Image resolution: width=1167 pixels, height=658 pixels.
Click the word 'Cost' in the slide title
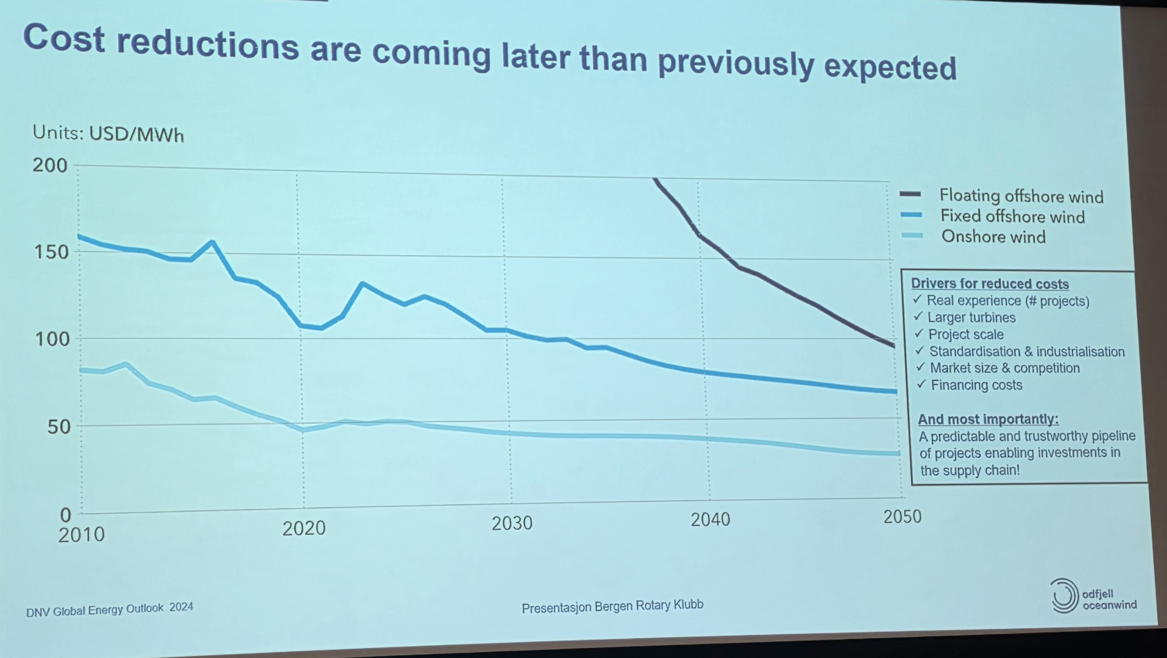[64, 38]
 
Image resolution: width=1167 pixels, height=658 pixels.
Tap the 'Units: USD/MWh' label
[108, 133]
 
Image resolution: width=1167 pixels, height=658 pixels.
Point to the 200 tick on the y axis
[50, 165]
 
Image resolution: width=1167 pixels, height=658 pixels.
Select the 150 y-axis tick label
[51, 252]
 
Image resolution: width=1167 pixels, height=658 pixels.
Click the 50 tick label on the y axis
[59, 426]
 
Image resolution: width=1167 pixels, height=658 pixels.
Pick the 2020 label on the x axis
[303, 528]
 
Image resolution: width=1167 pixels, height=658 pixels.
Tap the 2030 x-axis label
[512, 523]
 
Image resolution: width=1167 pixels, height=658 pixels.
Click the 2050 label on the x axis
[902, 517]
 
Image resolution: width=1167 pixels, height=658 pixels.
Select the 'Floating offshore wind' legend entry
[1021, 196]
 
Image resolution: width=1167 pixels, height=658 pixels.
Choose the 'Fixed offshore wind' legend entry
[1012, 216]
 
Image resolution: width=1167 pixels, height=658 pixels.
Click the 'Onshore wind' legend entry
[993, 236]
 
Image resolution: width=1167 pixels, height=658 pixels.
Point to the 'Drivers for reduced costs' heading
[990, 284]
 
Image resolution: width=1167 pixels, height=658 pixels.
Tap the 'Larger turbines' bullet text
[971, 317]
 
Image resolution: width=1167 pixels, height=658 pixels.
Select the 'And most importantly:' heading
[988, 419]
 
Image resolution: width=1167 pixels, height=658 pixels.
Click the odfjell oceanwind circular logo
[1063, 595]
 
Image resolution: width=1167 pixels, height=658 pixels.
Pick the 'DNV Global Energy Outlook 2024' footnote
[110, 609]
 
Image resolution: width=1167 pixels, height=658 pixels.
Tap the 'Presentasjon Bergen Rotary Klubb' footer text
[612, 606]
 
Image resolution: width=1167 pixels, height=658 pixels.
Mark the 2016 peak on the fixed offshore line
[212, 242]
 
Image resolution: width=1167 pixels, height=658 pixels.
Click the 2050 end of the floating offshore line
[894, 346]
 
